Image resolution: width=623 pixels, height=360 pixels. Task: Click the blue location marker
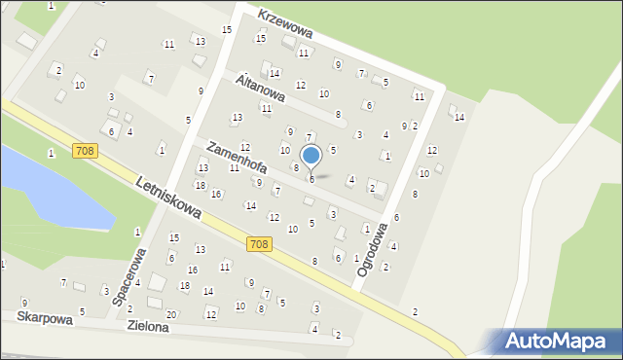click(311, 156)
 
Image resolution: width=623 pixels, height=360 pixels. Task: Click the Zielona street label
click(148, 328)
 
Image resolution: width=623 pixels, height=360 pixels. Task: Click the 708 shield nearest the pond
click(85, 149)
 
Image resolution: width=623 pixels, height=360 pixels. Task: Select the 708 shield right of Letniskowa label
click(258, 243)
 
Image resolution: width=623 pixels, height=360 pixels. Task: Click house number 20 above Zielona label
click(171, 314)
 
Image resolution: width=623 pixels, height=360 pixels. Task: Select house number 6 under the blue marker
click(311, 179)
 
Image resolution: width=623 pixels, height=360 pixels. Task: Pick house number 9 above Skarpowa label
click(23, 304)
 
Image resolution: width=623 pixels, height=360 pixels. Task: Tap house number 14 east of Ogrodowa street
click(459, 117)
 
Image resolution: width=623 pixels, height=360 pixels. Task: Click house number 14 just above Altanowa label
click(275, 73)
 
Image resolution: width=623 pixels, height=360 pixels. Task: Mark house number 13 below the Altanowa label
click(237, 118)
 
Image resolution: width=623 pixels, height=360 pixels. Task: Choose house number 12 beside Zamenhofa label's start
click(244, 147)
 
